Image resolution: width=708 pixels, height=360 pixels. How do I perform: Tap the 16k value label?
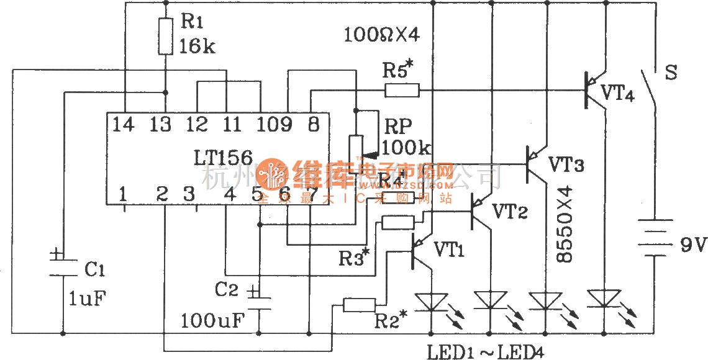pyautogui.click(x=197, y=46)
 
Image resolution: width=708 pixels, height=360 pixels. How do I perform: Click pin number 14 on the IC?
pyautogui.click(x=124, y=124)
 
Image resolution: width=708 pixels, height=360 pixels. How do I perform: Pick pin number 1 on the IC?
pyautogui.click(x=124, y=194)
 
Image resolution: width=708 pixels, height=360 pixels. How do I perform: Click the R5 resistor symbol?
pyautogui.click(x=402, y=91)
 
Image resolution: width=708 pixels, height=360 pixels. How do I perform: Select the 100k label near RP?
pyautogui.click(x=406, y=148)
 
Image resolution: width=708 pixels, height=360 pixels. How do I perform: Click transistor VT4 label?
pyautogui.click(x=617, y=95)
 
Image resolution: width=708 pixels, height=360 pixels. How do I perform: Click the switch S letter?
pyautogui.click(x=671, y=72)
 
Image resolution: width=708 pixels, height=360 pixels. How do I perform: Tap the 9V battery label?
pyautogui.click(x=691, y=246)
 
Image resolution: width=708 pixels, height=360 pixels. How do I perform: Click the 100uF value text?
pyautogui.click(x=213, y=321)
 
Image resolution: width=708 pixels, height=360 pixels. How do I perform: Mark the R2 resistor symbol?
pyautogui.click(x=360, y=304)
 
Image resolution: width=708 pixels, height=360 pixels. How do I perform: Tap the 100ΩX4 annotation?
pyautogui.click(x=383, y=35)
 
